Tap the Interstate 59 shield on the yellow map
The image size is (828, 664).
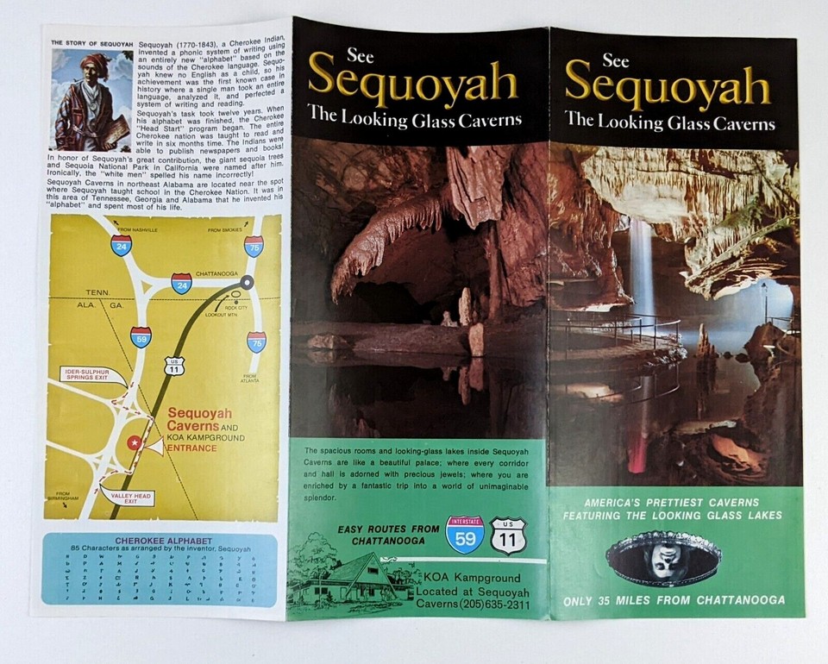141,336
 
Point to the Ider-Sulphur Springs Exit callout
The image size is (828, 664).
85,376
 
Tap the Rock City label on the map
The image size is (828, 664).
235,307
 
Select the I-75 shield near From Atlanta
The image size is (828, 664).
256,343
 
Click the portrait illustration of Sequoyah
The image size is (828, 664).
91,101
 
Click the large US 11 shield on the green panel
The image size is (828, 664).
508,536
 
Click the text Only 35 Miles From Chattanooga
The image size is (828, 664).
674,600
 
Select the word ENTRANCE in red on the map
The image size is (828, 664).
193,449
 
